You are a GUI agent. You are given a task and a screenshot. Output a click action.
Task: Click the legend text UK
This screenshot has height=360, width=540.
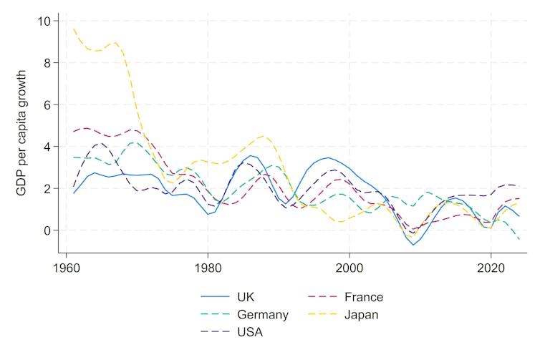click(246, 297)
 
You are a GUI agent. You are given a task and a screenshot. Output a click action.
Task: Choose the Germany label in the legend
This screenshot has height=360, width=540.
click(264, 315)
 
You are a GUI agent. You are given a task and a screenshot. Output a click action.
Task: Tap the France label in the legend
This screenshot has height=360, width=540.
click(364, 297)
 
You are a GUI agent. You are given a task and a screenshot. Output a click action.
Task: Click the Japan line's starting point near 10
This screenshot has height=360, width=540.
click(74, 29)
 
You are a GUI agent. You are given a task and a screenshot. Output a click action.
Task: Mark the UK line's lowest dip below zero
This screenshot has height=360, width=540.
click(413, 245)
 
